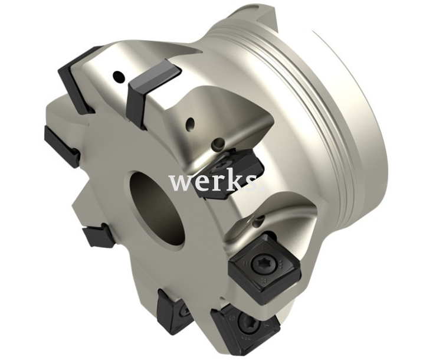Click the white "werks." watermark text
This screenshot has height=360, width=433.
point(216,182)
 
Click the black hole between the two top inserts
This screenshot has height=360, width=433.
point(118,76)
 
